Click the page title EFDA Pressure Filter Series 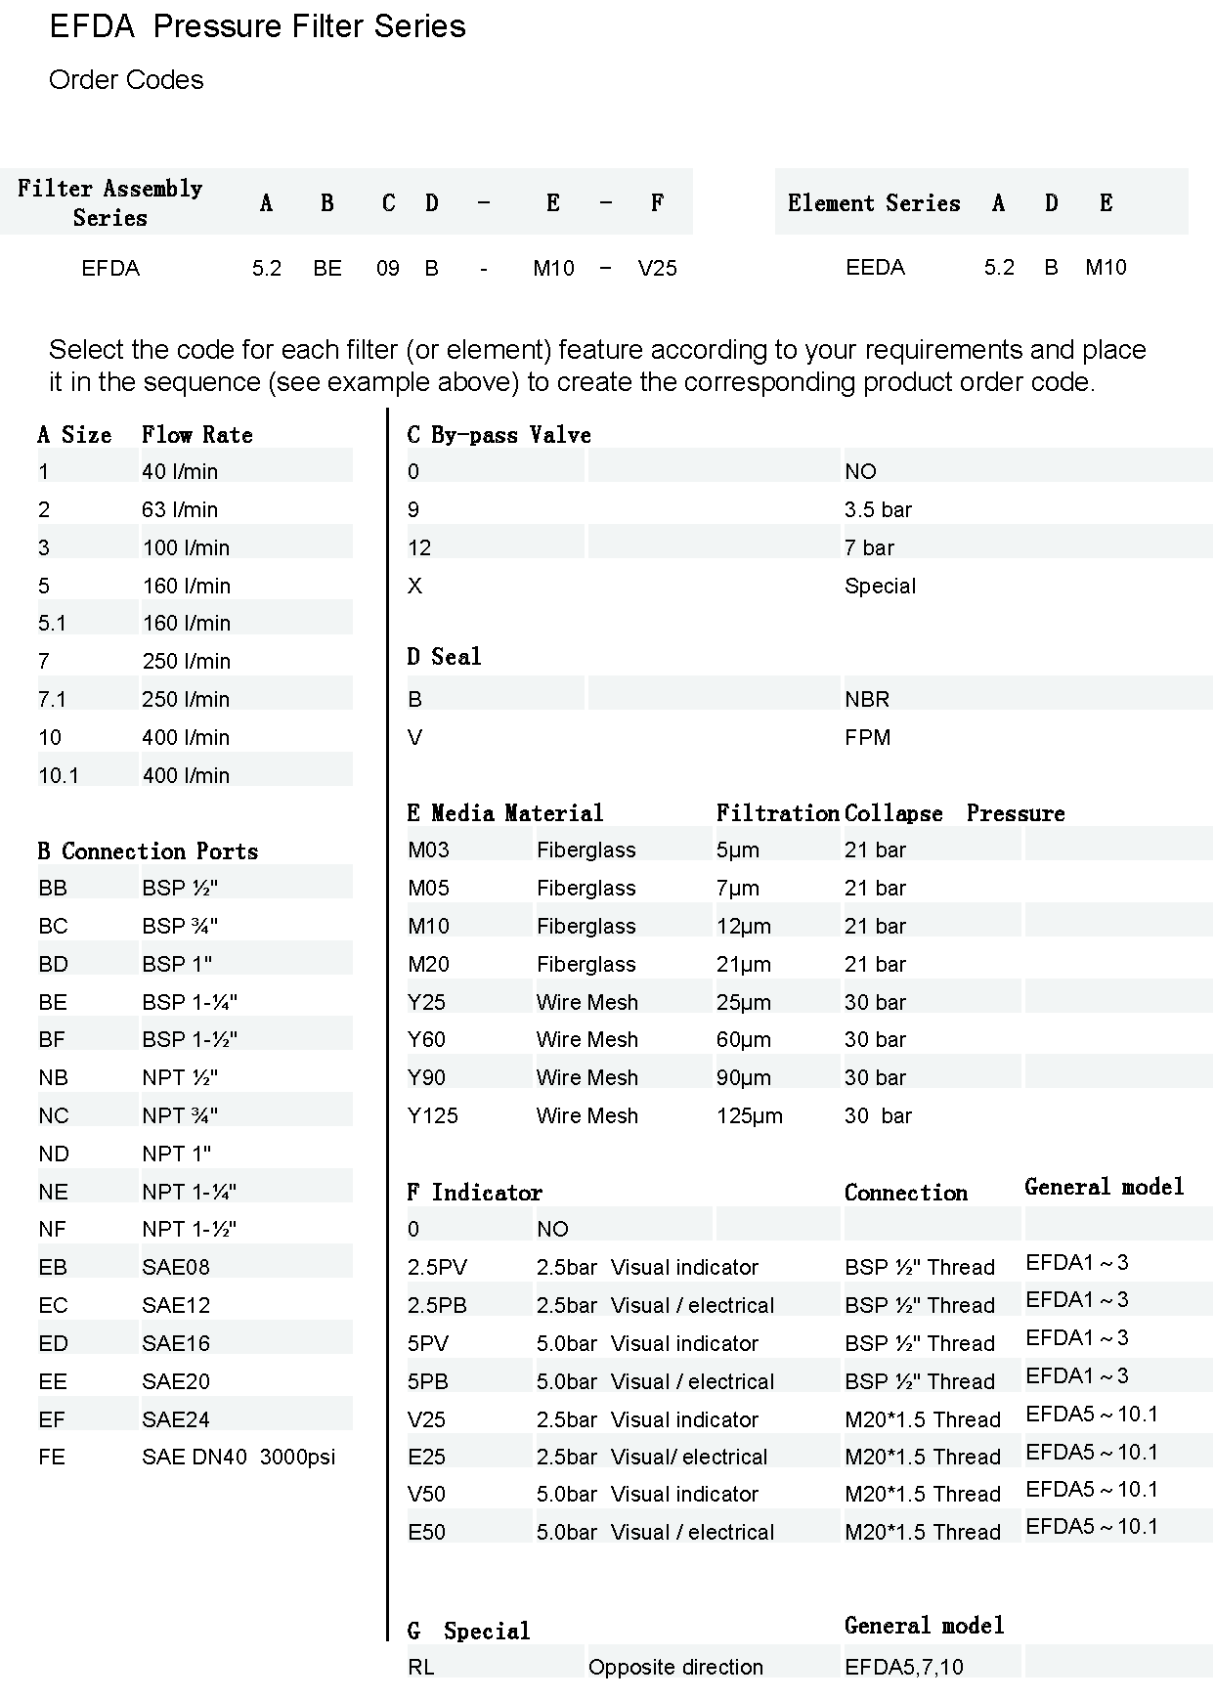pos(257,26)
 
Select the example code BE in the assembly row pos(327,268)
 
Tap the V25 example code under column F pos(657,268)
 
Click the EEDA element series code pos(875,267)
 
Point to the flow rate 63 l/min pos(180,509)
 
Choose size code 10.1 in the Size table pos(59,775)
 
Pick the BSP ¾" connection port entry pos(180,926)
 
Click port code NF pos(53,1229)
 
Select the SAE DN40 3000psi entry pos(239,1457)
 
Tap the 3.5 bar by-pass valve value pos(878,509)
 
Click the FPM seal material pos(867,737)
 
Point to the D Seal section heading pos(444,657)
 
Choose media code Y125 pos(432,1115)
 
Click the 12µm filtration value pos(743,926)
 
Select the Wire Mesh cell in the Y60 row pos(586,1039)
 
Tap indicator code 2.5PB pos(437,1305)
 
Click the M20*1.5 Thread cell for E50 pos(922,1532)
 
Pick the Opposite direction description pos(675,1667)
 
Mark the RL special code pos(420,1667)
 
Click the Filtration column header pos(777,813)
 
